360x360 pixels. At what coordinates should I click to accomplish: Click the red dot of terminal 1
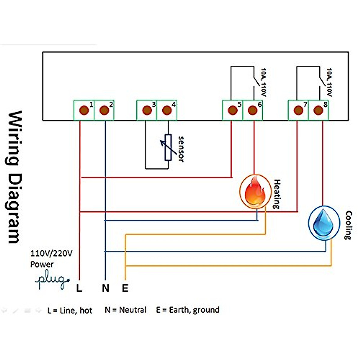pyautogui.click(x=84, y=110)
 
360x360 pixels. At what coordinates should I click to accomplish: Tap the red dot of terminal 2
pyautogui.click(x=104, y=110)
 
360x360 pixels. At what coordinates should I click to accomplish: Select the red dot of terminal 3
pyautogui.click(x=147, y=110)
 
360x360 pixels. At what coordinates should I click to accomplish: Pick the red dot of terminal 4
pyautogui.click(x=167, y=110)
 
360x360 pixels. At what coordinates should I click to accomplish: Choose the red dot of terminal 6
pyautogui.click(x=252, y=110)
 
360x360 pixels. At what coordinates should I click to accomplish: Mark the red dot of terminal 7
pyautogui.click(x=298, y=110)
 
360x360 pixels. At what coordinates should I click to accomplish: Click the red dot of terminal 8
pyautogui.click(x=318, y=110)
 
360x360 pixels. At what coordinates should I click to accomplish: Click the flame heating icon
pyautogui.click(x=255, y=191)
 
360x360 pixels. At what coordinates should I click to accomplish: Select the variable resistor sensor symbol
pyautogui.click(x=168, y=147)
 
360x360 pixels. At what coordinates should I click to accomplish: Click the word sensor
pyautogui.click(x=181, y=149)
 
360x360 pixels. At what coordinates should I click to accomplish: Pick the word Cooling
pyautogui.click(x=348, y=225)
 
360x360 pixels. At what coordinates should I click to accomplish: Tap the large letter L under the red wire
pyautogui.click(x=79, y=288)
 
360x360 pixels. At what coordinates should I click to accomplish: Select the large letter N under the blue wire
pyautogui.click(x=105, y=288)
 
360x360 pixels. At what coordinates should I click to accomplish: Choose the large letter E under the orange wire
pyautogui.click(x=125, y=288)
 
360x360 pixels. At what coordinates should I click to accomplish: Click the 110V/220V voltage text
pyautogui.click(x=51, y=253)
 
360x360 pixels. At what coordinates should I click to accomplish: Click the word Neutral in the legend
pyautogui.click(x=133, y=310)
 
